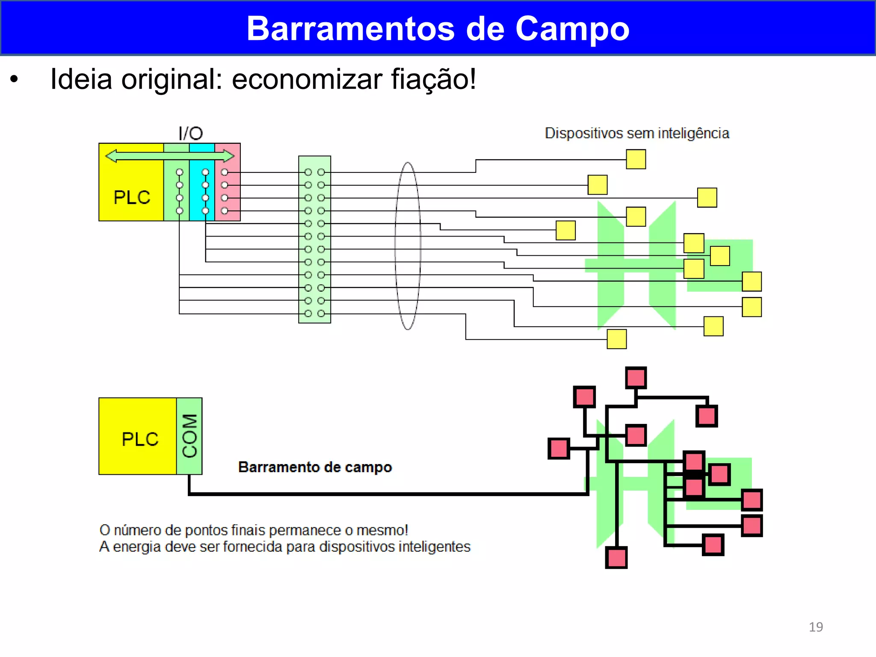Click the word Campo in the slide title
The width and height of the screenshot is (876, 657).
[572, 29]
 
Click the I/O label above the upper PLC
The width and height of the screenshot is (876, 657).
[190, 133]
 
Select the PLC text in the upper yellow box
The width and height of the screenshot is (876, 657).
[132, 198]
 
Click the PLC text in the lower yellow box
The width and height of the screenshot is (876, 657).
[140, 439]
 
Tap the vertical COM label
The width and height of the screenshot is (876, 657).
[189, 436]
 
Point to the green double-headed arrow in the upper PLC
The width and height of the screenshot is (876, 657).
[169, 156]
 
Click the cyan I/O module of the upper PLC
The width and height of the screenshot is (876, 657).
[201, 188]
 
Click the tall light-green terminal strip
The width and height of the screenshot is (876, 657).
[314, 240]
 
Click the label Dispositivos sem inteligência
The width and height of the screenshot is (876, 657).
[636, 133]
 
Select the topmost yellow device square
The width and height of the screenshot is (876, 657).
[636, 159]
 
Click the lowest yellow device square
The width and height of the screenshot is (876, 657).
[616, 339]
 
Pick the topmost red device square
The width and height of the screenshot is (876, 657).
[636, 378]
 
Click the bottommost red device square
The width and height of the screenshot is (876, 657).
[616, 557]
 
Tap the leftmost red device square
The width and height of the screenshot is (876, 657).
[559, 448]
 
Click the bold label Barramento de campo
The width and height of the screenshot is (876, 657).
[315, 467]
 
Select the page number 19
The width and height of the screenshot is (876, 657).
[815, 627]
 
